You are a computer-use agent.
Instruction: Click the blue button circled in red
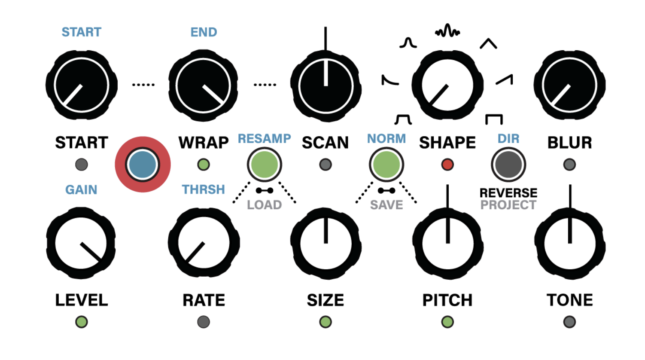pos(143,165)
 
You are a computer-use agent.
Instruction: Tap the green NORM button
pos(386,165)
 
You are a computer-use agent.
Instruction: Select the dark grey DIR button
pos(508,165)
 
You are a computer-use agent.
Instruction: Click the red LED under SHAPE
pos(447,165)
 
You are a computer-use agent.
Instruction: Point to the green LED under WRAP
pos(204,165)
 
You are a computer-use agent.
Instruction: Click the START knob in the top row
pos(81,85)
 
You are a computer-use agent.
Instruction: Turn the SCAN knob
pos(326,85)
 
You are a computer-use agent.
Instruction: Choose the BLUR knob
pos(569,85)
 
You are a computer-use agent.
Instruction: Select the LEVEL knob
pos(81,243)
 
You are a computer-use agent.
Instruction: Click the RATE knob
pos(204,243)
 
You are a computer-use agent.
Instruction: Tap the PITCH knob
pos(447,243)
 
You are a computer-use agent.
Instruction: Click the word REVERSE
pos(508,193)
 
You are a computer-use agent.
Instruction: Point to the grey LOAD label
pos(264,205)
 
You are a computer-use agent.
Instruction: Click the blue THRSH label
pos(203,189)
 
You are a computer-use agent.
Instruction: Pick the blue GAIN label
pos(81,189)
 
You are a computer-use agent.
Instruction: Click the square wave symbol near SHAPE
pos(494,119)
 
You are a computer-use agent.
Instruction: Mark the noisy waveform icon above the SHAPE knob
pos(447,31)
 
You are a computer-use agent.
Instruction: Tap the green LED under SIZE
pos(326,322)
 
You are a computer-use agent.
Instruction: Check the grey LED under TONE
pos(569,322)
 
